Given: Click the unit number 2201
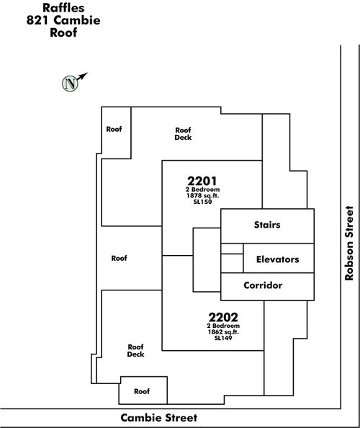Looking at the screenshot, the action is pos(202,181).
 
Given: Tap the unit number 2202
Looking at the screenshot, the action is pos(223,317).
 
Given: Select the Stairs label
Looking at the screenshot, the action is pos(267,225).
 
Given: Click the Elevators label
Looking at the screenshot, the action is pos(278,259).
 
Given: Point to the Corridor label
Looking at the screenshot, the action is pos(263,285).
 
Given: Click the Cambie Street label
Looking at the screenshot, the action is pos(159,418).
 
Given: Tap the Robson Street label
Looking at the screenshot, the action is pos(349,244).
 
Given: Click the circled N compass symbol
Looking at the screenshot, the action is pos(70,84).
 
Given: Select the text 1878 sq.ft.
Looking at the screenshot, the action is pos(202,196).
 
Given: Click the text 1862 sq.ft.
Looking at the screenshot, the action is pos(223,332).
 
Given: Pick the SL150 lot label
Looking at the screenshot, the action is pos(202,202).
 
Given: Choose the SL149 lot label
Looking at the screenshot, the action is pos(223,338).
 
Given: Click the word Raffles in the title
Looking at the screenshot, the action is pos(63,8).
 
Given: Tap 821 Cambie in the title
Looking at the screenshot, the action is pos(63,20).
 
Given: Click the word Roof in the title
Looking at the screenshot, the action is pos(63,32).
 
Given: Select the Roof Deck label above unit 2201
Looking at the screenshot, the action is pos(183,134).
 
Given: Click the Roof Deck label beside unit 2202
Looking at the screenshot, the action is pos(135,350).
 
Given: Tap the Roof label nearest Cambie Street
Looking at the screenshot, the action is pos(142,391).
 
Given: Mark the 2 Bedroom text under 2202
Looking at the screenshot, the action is pos(223,326).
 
